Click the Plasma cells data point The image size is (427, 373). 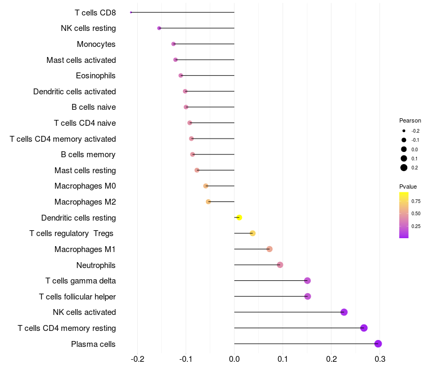click(x=378, y=344)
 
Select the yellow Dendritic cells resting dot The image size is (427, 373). click(x=239, y=217)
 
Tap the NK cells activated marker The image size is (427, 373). click(x=344, y=312)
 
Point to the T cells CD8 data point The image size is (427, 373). click(x=131, y=12)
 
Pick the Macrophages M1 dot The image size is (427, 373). click(x=270, y=249)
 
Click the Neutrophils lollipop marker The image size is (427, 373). click(x=280, y=265)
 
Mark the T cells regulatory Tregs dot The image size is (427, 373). click(x=252, y=233)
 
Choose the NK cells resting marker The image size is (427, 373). click(x=159, y=28)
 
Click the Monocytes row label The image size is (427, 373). click(x=96, y=44)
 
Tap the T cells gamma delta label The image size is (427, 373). click(x=81, y=281)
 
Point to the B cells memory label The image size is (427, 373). click(x=88, y=155)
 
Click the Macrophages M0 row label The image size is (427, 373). click(x=85, y=186)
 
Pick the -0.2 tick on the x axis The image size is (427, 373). click(x=137, y=359)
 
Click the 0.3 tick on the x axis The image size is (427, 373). click(x=379, y=359)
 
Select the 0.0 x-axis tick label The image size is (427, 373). click(x=234, y=359)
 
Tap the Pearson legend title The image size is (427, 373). click(x=410, y=120)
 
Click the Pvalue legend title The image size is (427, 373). click(x=408, y=186)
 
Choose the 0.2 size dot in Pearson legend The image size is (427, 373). click(x=404, y=168)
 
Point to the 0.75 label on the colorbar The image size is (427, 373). click(x=416, y=201)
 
